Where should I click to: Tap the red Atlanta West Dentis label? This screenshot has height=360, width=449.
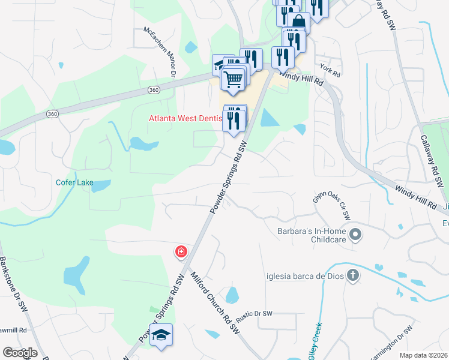pyautogui.click(x=185, y=118)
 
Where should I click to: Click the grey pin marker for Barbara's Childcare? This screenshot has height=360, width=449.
pyautogui.click(x=355, y=234)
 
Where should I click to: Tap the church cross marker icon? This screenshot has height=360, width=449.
pyautogui.click(x=353, y=276)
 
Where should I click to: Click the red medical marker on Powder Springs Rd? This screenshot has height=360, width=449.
pyautogui.click(x=180, y=251)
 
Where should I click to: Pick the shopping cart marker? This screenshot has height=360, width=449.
pyautogui.click(x=233, y=78)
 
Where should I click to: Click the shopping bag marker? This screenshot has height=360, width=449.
pyautogui.click(x=298, y=23)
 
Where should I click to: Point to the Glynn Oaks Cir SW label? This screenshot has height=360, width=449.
pyautogui.click(x=331, y=205)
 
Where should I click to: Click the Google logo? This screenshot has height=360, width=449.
pyautogui.click(x=20, y=353)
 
